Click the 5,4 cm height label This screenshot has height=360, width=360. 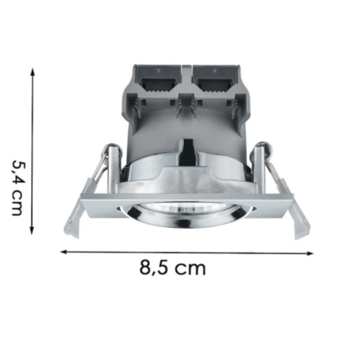point(18,188)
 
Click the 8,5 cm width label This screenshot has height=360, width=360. point(172,268)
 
